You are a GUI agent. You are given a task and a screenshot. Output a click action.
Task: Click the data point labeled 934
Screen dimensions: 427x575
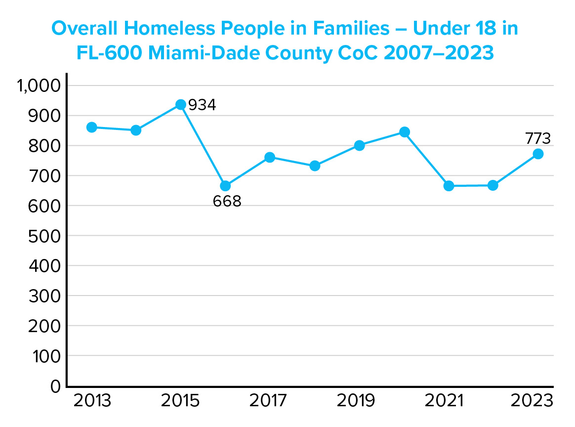point(181,105)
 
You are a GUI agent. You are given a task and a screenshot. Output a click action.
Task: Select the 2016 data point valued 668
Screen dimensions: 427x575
point(225,186)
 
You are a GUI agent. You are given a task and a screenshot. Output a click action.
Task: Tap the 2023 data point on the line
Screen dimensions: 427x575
point(538,154)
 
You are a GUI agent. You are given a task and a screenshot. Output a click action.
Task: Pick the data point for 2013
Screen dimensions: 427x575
point(91,127)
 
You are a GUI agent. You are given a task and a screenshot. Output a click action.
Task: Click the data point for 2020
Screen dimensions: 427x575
point(404,132)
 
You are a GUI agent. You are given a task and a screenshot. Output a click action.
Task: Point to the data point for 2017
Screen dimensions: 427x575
point(270,157)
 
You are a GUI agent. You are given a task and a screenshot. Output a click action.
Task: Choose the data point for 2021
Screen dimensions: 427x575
point(449,186)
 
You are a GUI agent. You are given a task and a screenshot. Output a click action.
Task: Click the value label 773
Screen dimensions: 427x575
point(537,139)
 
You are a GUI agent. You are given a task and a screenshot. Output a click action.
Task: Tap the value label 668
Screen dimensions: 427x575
point(227,202)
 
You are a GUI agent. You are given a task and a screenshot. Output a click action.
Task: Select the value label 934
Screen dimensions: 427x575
point(202,105)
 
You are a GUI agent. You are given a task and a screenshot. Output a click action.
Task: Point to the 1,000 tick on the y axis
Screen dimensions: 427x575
point(39,86)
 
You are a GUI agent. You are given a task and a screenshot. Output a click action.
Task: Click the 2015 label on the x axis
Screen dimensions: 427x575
point(180,401)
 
